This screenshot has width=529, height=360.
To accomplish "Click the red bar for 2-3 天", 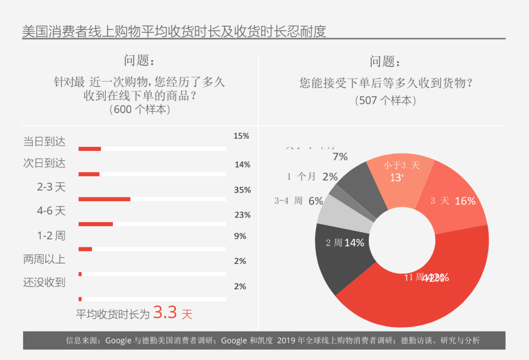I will click(x=104, y=199).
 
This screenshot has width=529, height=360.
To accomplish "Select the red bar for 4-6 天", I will click(x=96, y=224).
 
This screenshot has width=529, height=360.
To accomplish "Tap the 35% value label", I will click(x=242, y=190).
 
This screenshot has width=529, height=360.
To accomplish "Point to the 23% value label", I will click(x=242, y=215).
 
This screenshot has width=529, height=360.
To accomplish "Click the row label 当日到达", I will click(x=44, y=142).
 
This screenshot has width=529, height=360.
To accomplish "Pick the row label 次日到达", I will click(x=44, y=163).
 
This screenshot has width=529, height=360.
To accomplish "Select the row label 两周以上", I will click(x=44, y=259).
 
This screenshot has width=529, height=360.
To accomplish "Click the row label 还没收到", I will click(x=44, y=282).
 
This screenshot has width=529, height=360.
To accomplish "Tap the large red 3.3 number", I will click(x=165, y=312).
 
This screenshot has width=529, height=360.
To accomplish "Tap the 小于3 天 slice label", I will click(x=401, y=166).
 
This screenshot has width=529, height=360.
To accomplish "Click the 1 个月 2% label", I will click(x=312, y=177).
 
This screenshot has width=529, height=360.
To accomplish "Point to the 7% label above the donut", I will click(x=340, y=157).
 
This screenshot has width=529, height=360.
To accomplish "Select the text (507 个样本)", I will click(x=385, y=100).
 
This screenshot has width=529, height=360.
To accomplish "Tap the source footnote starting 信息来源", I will click(x=273, y=340).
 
